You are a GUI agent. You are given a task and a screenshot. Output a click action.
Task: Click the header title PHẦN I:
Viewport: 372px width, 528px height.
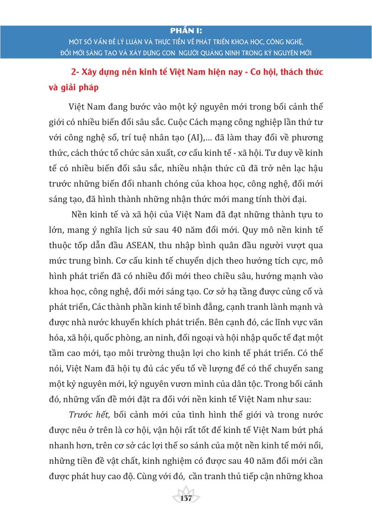coord(186,32)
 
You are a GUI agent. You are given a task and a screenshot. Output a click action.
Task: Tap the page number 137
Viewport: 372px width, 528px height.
coord(186,498)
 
